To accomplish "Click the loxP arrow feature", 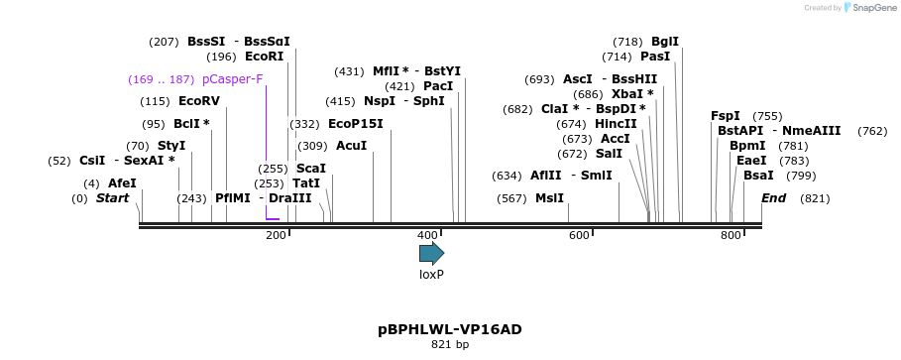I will [x=431, y=253].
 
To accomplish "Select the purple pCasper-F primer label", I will [x=232, y=79].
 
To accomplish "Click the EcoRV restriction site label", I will [x=198, y=101].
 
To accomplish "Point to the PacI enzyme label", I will [x=437, y=86].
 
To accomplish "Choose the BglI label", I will [x=665, y=42].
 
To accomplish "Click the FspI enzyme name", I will [x=726, y=116].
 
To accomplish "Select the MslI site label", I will [x=549, y=198].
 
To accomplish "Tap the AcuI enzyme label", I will [x=352, y=146].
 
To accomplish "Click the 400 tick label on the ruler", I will [x=427, y=235].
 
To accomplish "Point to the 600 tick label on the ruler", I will [x=579, y=235].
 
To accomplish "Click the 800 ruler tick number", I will [x=731, y=235].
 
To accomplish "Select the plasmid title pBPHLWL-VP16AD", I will [x=450, y=329].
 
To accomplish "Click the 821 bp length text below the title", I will [x=450, y=345].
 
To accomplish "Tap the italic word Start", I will [x=112, y=198].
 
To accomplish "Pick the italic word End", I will [x=773, y=198].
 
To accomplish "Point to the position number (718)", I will [x=628, y=42].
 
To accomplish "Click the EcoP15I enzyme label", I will [x=355, y=124].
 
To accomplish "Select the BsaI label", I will [x=758, y=176].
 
